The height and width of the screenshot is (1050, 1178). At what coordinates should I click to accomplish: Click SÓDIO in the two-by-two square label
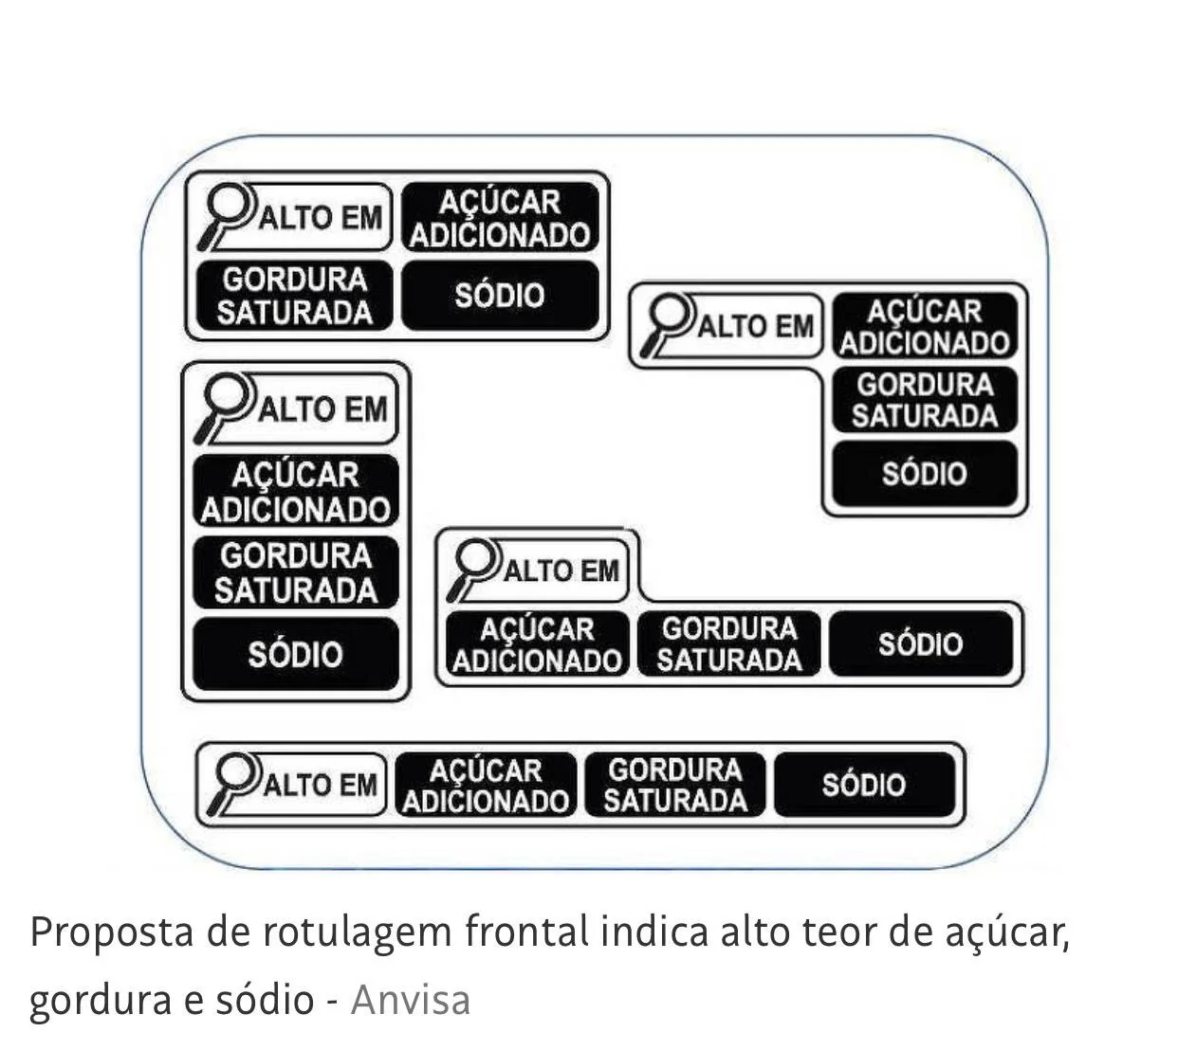(500, 296)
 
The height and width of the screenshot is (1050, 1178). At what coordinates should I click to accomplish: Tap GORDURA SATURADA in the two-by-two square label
(294, 296)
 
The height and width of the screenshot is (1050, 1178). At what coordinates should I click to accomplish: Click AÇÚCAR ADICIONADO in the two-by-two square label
(500, 218)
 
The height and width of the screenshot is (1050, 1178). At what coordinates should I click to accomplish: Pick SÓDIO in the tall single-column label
(295, 654)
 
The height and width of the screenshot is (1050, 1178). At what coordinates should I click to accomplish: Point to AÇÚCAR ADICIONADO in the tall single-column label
(295, 492)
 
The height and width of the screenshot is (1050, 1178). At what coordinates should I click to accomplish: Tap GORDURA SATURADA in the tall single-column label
(295, 572)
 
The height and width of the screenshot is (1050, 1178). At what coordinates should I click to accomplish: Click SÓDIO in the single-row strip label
(863, 785)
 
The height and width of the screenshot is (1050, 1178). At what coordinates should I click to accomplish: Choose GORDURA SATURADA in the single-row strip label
(675, 785)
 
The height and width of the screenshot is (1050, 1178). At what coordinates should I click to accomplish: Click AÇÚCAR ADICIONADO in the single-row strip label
(486, 785)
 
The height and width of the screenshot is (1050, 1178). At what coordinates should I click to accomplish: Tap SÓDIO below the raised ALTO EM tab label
(920, 644)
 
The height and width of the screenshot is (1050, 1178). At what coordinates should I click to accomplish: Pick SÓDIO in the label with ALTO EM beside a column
(924, 473)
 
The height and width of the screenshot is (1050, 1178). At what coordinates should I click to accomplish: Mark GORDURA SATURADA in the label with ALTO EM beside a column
(924, 400)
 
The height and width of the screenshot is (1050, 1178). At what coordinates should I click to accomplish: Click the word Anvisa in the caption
(410, 1000)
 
